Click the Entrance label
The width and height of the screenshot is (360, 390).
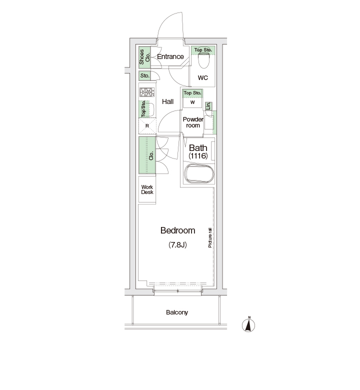point(170,56)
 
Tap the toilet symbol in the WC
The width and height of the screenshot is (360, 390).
point(203,61)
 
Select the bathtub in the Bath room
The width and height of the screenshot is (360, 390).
point(199,173)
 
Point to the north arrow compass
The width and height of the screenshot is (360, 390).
point(248,324)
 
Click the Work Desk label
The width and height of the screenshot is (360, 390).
point(147,189)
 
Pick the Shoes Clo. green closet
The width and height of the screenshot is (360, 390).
point(144,57)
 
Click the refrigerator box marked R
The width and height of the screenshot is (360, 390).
point(147,126)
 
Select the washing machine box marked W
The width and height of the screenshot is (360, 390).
point(192,102)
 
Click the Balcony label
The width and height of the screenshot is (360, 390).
point(177,312)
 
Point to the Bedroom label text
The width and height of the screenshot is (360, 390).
point(177,230)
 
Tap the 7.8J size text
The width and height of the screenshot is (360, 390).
point(177,244)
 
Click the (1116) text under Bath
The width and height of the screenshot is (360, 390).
point(198,156)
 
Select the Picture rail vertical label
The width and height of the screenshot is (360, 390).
point(210,237)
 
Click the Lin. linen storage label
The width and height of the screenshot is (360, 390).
point(208,106)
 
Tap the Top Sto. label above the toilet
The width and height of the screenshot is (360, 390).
point(203,50)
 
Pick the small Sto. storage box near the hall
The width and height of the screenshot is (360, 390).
point(144,75)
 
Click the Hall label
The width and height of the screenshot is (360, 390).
point(167,101)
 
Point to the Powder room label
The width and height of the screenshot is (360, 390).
point(193,122)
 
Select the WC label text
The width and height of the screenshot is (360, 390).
point(203,78)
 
